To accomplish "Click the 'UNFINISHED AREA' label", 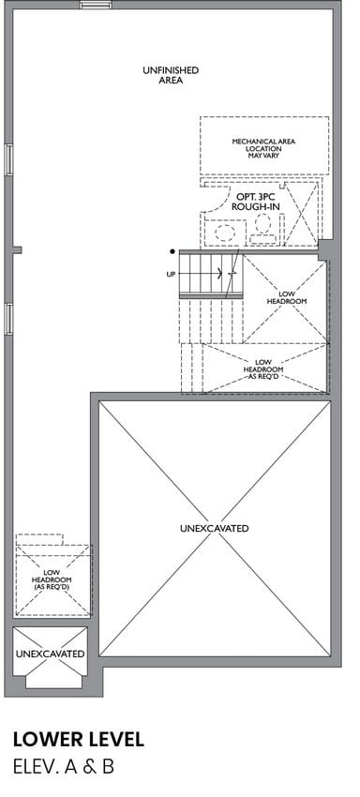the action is (171, 75).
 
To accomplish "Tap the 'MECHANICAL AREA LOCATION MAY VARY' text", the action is (263, 148).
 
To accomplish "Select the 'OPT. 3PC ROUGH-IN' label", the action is (255, 202).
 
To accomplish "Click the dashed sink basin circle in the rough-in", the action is (225, 233).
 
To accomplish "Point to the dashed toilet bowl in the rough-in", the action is (262, 224).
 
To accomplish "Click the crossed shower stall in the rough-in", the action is (301, 213).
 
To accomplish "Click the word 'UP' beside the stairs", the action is (171, 274).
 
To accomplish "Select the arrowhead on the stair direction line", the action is (219, 274).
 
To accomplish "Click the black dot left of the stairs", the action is (172, 251).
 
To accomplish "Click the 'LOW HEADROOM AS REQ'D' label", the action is (262, 369).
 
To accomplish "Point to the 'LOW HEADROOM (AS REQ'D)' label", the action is (52, 579).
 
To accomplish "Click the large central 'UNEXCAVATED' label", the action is (214, 528).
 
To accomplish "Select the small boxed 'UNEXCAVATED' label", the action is (50, 654).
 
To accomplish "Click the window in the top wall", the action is (96, 5).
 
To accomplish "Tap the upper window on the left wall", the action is (8, 159).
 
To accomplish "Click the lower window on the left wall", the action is (8, 319).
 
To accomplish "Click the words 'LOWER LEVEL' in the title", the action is (79, 739).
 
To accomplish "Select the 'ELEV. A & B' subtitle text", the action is (64, 766).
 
